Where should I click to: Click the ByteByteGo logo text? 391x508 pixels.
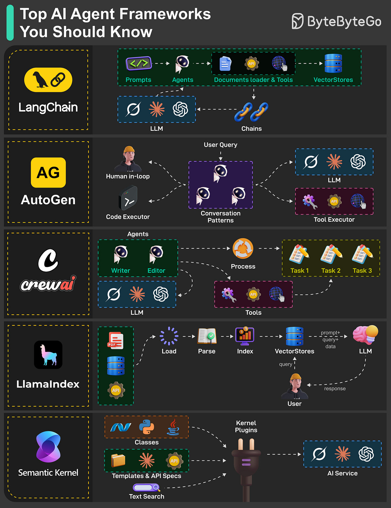344,22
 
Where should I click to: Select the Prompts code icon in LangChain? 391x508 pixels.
139,64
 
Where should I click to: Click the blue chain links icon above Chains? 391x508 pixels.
251,112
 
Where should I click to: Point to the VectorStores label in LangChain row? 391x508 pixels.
333,80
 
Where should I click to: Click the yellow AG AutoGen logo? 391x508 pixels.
48,173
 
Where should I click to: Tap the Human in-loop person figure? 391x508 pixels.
128,159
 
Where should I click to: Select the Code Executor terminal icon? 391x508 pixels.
128,199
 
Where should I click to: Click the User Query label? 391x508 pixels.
220,145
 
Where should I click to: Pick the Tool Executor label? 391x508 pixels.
334,220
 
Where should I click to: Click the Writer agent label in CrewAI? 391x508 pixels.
120,271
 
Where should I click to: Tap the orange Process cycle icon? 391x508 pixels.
243,248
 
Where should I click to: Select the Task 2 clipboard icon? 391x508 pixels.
331,254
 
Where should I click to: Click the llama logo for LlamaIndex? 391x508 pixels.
48,355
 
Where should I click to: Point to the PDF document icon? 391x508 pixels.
116,341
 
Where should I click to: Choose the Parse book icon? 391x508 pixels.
207,336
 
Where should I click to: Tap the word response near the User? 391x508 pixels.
335,389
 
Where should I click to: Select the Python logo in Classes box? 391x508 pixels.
146,427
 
